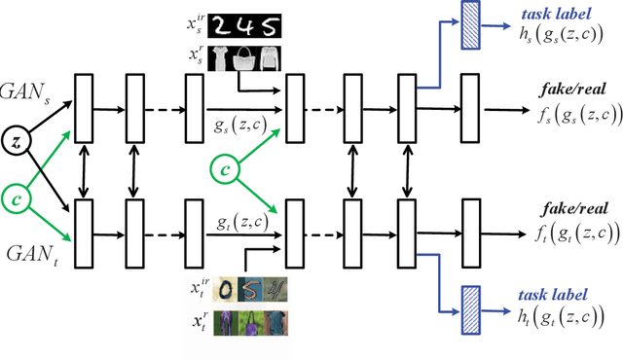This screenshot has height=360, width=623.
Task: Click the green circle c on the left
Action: click(15, 199)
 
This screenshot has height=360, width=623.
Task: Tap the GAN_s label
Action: click(30, 95)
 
